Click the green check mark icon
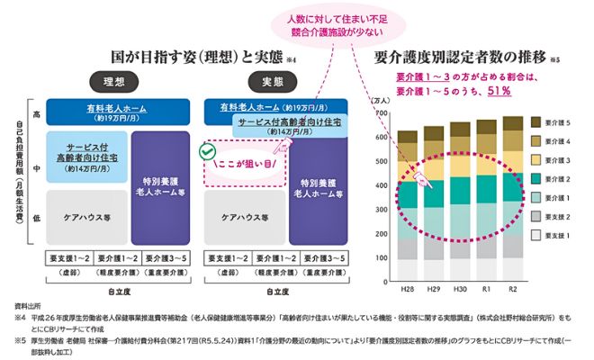(209, 154)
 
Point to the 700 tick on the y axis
(382, 114)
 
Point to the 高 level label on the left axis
(36, 114)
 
